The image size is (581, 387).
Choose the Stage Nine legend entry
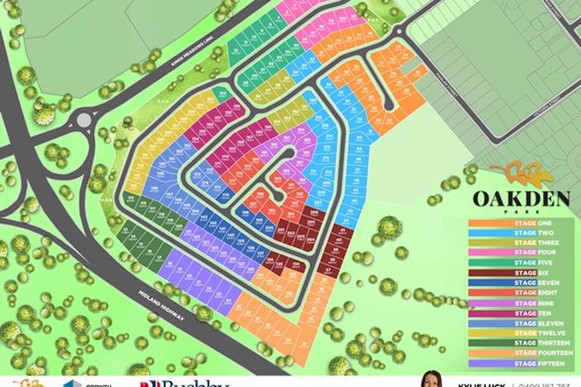click(525, 302)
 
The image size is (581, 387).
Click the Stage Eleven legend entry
click(525, 323)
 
